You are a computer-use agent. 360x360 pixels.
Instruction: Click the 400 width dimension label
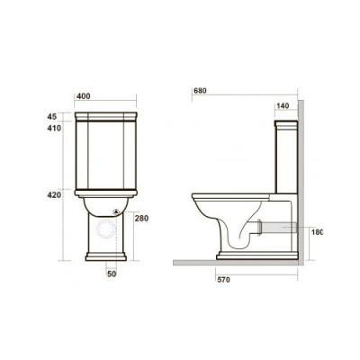coord(82,95)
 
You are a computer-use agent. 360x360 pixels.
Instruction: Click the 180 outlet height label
coord(317,232)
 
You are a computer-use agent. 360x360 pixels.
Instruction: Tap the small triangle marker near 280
coord(116,213)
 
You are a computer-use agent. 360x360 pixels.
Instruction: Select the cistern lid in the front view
coord(107,117)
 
